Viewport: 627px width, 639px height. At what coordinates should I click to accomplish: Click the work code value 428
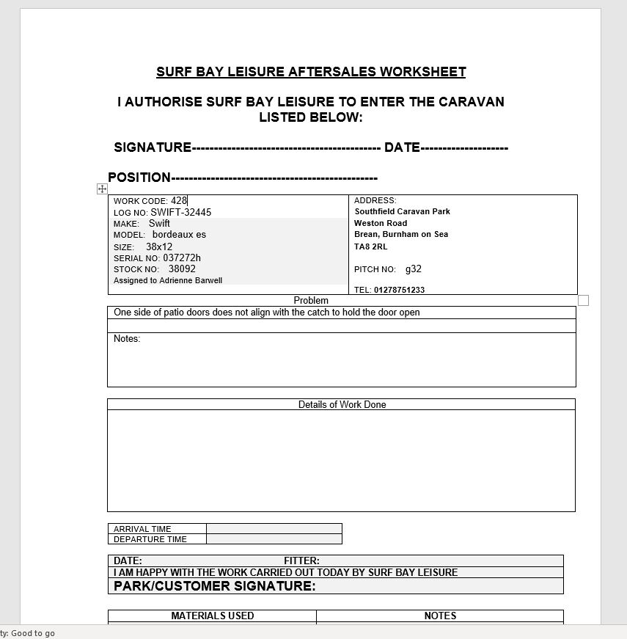[179, 200]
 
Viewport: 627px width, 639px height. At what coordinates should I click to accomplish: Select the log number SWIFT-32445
[181, 212]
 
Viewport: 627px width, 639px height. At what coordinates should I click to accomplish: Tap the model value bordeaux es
[179, 235]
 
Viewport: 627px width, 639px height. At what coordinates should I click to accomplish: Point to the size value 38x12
[159, 247]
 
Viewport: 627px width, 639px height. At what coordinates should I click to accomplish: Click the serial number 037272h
[182, 258]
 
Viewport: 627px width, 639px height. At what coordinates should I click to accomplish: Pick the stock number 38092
[182, 269]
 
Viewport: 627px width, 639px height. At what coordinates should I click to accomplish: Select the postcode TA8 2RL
[370, 247]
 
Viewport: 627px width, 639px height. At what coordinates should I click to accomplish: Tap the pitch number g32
[414, 269]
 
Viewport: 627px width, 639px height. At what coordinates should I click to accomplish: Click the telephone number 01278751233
[399, 290]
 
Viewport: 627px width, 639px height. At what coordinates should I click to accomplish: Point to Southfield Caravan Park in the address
[402, 211]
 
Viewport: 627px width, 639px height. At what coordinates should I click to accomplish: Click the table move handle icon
[102, 189]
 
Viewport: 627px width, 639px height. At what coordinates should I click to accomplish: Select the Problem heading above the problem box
[311, 300]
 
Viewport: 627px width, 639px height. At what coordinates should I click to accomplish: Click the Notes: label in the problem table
[127, 339]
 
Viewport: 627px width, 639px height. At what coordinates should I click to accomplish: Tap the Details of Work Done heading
[342, 404]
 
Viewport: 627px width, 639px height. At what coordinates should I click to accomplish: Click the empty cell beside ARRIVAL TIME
[274, 528]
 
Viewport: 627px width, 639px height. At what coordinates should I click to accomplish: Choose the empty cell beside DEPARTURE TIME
[274, 539]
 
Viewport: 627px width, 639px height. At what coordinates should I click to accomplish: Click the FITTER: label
[301, 561]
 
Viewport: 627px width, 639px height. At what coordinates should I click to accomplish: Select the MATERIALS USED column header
[213, 616]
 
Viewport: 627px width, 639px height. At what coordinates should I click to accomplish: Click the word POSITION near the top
[139, 178]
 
